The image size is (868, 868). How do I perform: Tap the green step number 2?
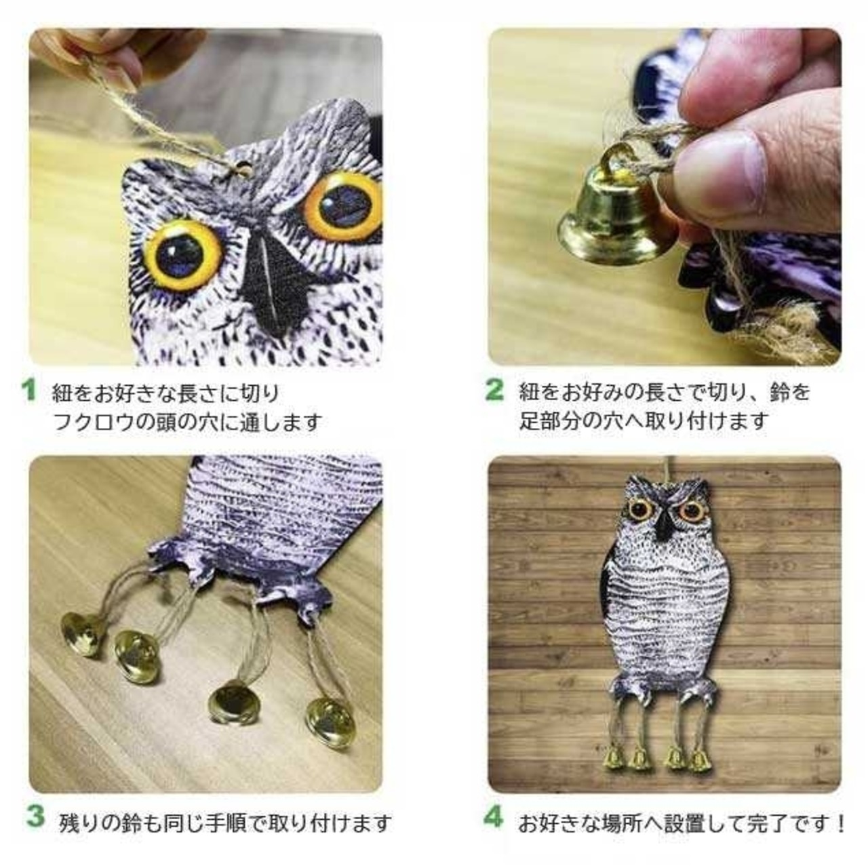click(494, 390)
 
